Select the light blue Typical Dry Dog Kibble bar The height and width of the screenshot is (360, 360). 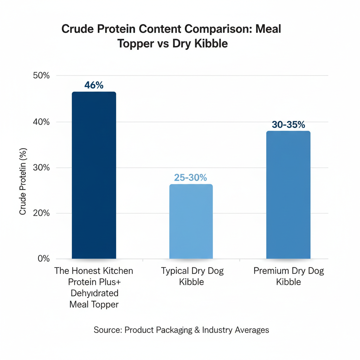tap(191, 221)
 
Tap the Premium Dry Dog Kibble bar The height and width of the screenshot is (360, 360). tap(288, 195)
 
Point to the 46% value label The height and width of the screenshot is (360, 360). tap(94, 85)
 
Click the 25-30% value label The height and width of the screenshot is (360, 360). tap(191, 178)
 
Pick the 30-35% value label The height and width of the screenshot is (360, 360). tap(288, 124)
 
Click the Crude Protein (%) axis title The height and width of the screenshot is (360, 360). tap(23, 183)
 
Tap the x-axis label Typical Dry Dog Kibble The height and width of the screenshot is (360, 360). tap(192, 276)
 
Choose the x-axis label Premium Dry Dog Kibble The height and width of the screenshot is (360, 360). tap(289, 276)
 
